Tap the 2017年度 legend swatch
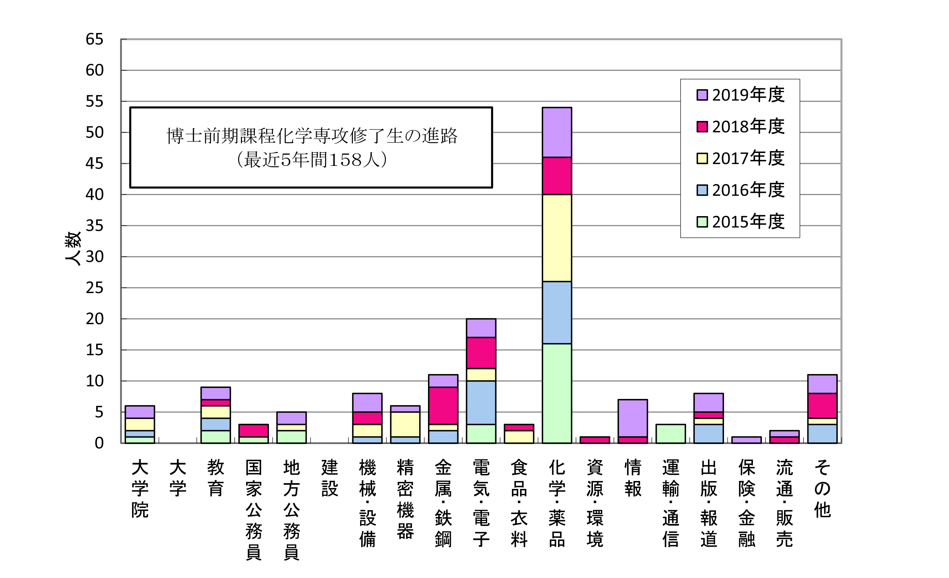pos(702,159)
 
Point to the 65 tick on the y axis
pos(94,39)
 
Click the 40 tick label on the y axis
pos(94,195)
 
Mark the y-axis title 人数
pos(73,248)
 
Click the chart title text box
pos(311,148)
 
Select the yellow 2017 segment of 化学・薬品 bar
pos(557,238)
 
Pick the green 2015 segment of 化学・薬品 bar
pos(557,393)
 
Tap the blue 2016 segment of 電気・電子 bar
pos(481,403)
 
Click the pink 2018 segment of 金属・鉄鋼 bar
pos(443,406)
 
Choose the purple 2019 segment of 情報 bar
pos(633,418)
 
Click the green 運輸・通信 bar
pos(671,434)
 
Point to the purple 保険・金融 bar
pos(746,440)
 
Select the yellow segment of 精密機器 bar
pos(405,424)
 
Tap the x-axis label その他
pos(822,489)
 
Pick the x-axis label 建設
pos(329,478)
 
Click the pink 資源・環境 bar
pos(595,440)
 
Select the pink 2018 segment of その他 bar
pos(822,406)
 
